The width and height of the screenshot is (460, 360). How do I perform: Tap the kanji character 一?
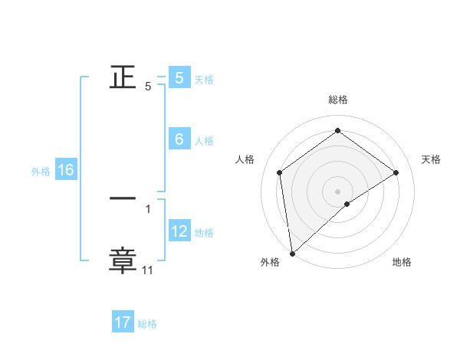(x=123, y=198)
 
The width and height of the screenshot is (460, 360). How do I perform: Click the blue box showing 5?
(x=179, y=77)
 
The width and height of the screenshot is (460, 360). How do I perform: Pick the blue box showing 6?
(x=179, y=139)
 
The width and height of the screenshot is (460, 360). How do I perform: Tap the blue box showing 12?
(x=179, y=231)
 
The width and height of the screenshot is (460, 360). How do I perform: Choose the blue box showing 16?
(x=65, y=170)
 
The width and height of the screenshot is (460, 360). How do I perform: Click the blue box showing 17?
(x=123, y=322)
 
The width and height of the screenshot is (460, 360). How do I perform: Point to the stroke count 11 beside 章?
(x=147, y=270)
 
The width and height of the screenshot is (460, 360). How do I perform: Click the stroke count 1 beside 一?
(x=148, y=208)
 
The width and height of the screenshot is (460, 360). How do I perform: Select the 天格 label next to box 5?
(x=203, y=79)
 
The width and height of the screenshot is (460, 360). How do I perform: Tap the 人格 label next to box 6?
(x=203, y=140)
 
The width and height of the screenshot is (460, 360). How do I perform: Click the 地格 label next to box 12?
(x=204, y=232)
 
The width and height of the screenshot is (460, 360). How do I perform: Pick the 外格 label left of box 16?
(x=41, y=172)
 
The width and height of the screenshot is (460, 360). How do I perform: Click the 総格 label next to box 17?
(x=147, y=324)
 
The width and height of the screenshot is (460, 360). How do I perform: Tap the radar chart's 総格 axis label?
(x=337, y=100)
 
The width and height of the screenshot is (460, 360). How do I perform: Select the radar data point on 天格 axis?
(x=396, y=172)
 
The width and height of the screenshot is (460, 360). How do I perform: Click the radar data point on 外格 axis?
(x=291, y=253)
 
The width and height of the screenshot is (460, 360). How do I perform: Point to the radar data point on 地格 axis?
(x=347, y=204)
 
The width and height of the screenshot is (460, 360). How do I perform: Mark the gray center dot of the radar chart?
(x=337, y=190)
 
